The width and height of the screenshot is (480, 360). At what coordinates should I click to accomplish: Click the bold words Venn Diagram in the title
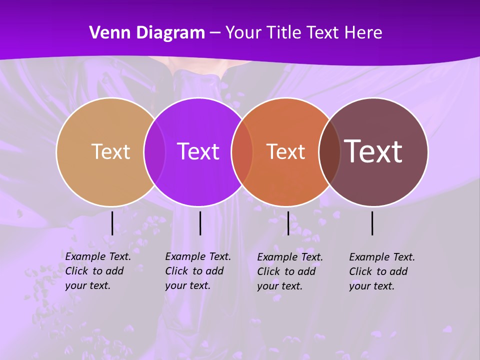[147, 33]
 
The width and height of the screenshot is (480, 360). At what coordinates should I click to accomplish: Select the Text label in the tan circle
[110, 151]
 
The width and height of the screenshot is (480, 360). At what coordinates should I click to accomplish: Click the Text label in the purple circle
[198, 151]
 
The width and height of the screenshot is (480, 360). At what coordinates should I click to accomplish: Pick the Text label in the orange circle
[285, 151]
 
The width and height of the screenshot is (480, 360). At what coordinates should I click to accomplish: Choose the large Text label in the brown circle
[373, 151]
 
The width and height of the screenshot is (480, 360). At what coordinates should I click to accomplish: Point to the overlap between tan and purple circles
[154, 152]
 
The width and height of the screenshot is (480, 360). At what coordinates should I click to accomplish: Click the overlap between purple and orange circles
[242, 152]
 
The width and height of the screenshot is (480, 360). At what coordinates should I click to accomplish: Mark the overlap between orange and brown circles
[329, 152]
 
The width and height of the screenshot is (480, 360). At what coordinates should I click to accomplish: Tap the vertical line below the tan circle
[112, 223]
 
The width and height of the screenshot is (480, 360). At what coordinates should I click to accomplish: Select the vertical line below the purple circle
[200, 223]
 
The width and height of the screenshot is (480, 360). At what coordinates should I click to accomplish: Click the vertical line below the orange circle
[288, 223]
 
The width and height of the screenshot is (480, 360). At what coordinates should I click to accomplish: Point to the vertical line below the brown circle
[372, 223]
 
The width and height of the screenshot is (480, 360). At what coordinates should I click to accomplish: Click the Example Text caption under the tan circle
[98, 271]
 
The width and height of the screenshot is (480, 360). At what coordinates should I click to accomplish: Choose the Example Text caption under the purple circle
[198, 271]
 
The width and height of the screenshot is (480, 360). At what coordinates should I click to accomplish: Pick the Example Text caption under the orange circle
[290, 271]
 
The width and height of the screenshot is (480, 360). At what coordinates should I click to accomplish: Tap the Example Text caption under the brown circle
[382, 271]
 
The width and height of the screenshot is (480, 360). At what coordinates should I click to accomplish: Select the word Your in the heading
[243, 33]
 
